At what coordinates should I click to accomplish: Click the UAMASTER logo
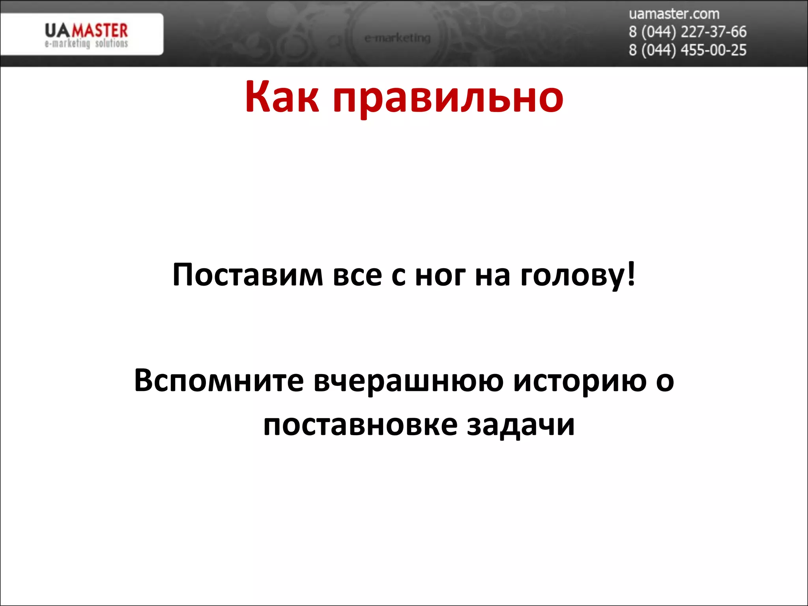(x=86, y=30)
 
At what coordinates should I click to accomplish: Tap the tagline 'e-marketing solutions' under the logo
(x=86, y=43)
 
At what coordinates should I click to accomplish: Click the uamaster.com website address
(x=674, y=14)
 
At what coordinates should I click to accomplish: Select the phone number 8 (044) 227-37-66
(x=687, y=32)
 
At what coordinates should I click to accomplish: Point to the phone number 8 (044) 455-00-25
(x=687, y=50)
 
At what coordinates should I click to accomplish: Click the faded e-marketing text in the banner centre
(x=397, y=38)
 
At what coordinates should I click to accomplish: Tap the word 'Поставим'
(x=248, y=275)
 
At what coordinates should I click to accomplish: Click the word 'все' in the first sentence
(x=357, y=275)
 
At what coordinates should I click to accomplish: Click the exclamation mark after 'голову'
(x=631, y=273)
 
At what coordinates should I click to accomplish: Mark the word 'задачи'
(x=521, y=426)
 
